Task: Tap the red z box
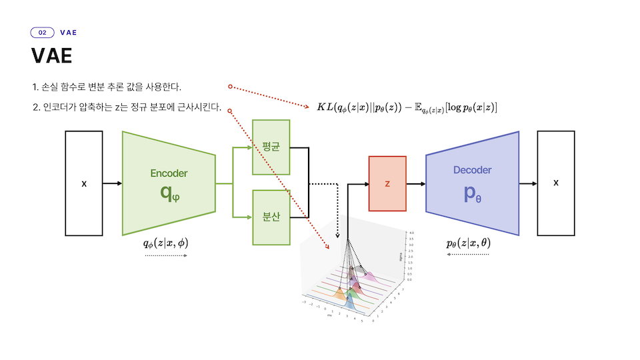click(x=387, y=183)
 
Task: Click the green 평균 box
click(x=271, y=147)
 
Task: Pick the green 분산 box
click(x=271, y=217)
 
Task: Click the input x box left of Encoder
click(x=83, y=183)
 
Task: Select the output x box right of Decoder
click(x=556, y=183)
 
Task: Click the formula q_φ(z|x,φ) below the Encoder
click(x=166, y=243)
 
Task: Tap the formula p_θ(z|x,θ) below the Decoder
click(x=467, y=243)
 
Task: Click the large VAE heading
click(x=51, y=56)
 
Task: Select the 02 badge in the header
click(x=43, y=32)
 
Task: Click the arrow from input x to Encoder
click(x=112, y=183)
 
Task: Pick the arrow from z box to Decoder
click(x=415, y=183)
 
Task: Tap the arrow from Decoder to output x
click(x=528, y=183)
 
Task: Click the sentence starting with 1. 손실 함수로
click(x=107, y=87)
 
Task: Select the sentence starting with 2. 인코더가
click(x=127, y=108)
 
